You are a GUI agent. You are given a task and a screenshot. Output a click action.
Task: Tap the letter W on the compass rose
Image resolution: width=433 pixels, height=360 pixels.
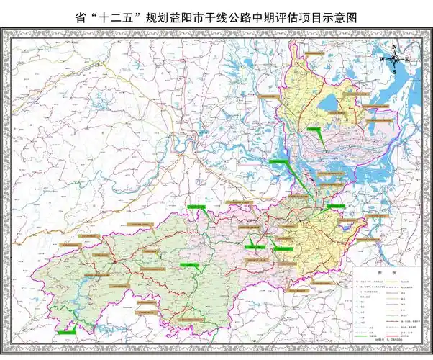pyautogui.click(x=384, y=59)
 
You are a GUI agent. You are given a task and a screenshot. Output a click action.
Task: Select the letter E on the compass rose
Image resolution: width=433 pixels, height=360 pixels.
pyautogui.click(x=407, y=59)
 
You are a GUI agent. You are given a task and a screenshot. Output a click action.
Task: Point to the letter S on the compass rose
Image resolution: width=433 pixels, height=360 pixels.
pyautogui.click(x=396, y=71)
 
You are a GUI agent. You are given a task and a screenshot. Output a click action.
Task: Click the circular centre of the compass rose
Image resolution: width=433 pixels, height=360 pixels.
pyautogui.click(x=396, y=59)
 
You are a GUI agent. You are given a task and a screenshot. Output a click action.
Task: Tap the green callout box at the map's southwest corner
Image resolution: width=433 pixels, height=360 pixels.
pyautogui.click(x=68, y=331)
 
